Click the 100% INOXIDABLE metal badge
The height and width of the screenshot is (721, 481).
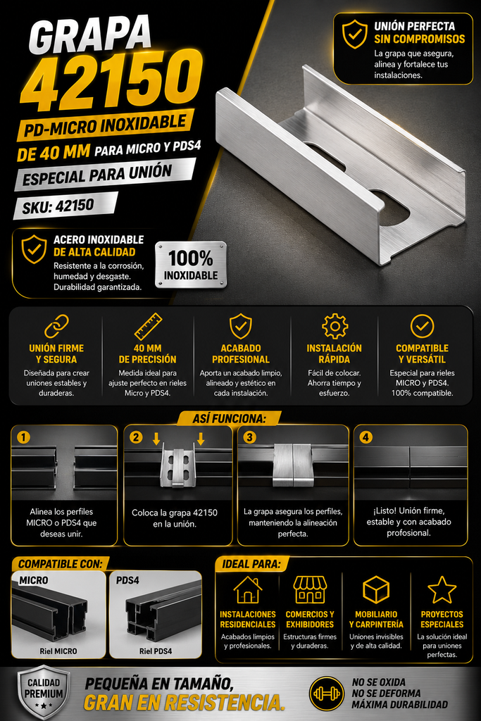tap(191, 265)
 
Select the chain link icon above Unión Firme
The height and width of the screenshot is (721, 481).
tap(56, 326)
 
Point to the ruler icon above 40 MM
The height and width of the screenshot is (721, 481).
tap(148, 327)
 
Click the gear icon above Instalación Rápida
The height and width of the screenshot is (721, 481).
tap(335, 327)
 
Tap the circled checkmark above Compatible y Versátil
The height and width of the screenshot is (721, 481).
tap(422, 326)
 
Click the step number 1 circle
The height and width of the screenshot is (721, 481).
tap(23, 437)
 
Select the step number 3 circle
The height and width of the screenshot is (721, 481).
tap(249, 437)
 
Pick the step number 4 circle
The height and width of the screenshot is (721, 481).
tap(366, 437)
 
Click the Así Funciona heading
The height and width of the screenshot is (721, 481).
tap(230, 418)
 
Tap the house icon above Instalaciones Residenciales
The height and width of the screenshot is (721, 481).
tap(248, 589)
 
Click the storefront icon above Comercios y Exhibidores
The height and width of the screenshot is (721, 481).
tap(310, 589)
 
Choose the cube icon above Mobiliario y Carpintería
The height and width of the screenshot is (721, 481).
tap(376, 589)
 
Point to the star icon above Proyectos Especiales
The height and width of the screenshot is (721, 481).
tap(442, 589)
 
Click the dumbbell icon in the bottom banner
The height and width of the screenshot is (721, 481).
tap(327, 693)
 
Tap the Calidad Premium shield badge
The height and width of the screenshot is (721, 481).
tap(44, 693)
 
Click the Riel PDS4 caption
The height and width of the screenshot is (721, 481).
tap(156, 651)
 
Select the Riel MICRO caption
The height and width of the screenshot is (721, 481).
tap(58, 651)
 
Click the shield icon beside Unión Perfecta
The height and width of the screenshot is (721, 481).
tap(354, 34)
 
